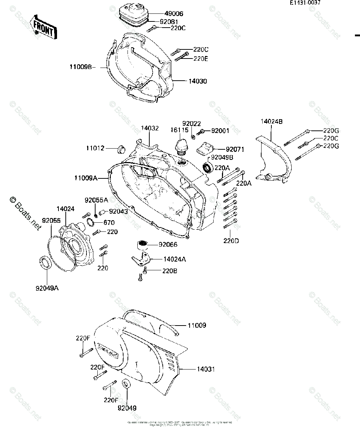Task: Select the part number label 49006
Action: pyautogui.click(x=174, y=13)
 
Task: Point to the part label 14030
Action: pyautogui.click(x=197, y=81)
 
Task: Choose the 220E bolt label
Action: pyautogui.click(x=201, y=58)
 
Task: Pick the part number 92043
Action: pyautogui.click(x=118, y=211)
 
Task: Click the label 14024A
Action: pyautogui.click(x=175, y=259)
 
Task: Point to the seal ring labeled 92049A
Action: pyautogui.click(x=45, y=262)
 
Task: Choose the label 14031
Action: pyautogui.click(x=206, y=369)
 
